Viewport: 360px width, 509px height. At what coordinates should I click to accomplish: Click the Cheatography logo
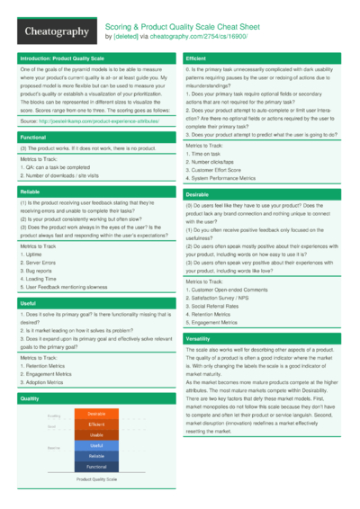[x=56, y=31]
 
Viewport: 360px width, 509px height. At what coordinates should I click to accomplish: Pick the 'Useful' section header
[x=29, y=304]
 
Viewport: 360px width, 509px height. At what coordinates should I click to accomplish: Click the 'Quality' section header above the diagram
[x=30, y=397]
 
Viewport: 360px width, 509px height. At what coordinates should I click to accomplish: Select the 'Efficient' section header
[x=197, y=58]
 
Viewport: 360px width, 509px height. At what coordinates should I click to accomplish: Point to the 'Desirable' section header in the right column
[x=198, y=194]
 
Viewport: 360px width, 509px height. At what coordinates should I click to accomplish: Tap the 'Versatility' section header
[x=199, y=337]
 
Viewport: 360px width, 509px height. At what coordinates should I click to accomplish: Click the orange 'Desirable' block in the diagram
[x=96, y=414]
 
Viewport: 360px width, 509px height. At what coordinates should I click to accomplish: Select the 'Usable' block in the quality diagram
[x=96, y=434]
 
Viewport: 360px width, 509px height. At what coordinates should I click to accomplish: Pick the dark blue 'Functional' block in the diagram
[x=96, y=467]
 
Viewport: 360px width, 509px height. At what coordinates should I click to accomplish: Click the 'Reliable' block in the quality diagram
[x=96, y=456]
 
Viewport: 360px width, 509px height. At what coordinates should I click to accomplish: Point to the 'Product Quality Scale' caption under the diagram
[x=96, y=480]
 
